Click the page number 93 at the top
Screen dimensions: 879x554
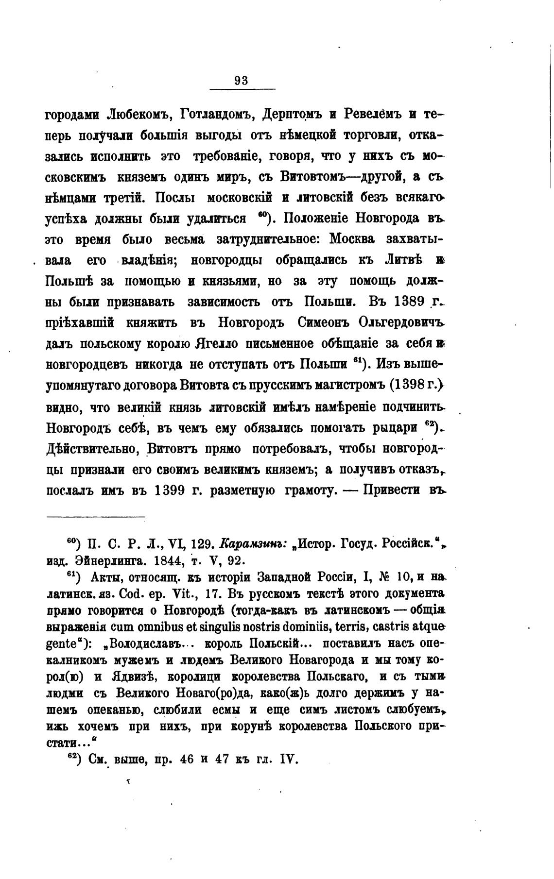click(241, 81)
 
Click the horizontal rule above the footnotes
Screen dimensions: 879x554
click(96, 516)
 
